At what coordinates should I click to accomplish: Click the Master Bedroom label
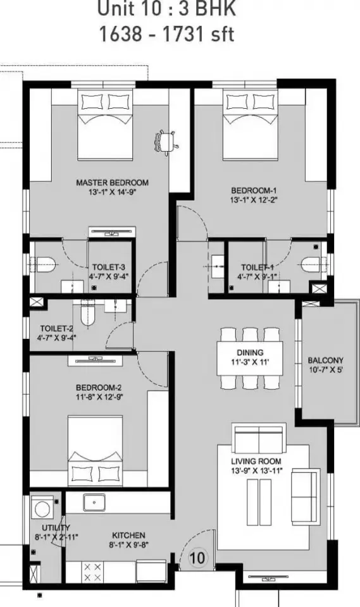click(x=112, y=182)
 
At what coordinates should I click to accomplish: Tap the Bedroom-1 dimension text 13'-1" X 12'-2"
click(x=254, y=200)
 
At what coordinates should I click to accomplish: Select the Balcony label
click(x=325, y=360)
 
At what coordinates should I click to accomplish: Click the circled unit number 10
click(x=197, y=558)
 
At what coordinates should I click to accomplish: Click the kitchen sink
click(x=94, y=502)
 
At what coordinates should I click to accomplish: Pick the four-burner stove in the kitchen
click(x=92, y=572)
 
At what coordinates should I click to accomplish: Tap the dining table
click(x=249, y=358)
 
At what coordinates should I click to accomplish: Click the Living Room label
click(x=256, y=461)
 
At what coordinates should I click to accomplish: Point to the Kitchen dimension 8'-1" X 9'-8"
click(x=128, y=544)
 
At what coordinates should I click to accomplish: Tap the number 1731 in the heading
click(x=183, y=34)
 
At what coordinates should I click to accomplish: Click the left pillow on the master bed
click(x=92, y=102)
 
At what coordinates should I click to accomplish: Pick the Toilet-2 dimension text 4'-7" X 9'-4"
click(x=56, y=338)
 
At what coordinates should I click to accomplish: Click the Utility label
click(x=56, y=527)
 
